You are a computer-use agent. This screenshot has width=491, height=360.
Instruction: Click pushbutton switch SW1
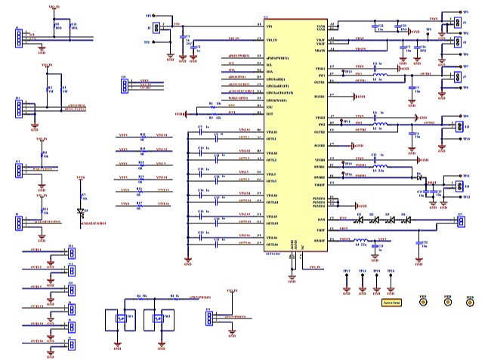coord(119,318)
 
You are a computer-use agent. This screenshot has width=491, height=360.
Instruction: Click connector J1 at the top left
coord(17,37)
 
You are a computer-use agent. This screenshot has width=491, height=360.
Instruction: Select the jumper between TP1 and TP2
coord(156,28)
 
